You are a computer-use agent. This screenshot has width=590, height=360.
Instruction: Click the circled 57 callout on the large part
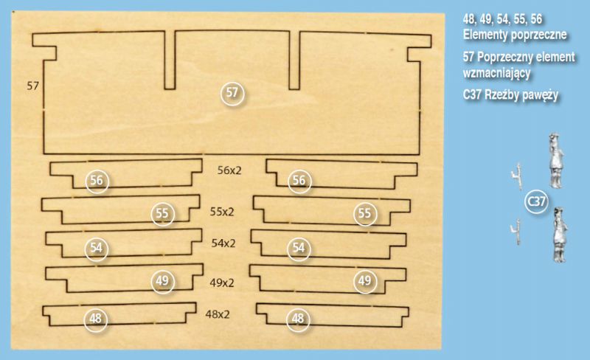(x=232, y=94)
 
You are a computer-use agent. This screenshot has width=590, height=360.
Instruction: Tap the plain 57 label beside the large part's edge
(x=32, y=86)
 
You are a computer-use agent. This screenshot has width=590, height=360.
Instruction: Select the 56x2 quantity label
(x=229, y=170)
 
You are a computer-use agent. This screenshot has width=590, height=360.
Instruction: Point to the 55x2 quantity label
(x=222, y=212)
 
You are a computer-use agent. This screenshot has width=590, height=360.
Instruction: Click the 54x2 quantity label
(x=223, y=243)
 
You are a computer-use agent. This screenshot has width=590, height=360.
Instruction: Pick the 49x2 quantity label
(x=222, y=283)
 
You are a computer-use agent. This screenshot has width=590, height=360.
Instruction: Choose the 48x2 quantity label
(x=218, y=314)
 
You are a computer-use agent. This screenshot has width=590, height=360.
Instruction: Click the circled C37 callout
(x=536, y=202)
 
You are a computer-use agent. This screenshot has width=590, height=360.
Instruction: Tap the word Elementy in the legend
(x=487, y=35)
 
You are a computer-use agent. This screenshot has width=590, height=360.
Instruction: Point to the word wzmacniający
(x=496, y=73)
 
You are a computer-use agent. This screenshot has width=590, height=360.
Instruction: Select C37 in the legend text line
(x=472, y=95)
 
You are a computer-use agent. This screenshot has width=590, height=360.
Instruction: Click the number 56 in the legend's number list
(x=536, y=19)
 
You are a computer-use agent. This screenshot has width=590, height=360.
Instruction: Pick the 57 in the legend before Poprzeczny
(x=469, y=58)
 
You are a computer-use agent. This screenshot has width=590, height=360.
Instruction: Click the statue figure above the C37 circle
(x=556, y=160)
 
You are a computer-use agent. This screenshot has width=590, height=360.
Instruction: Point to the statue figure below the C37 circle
(x=560, y=235)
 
